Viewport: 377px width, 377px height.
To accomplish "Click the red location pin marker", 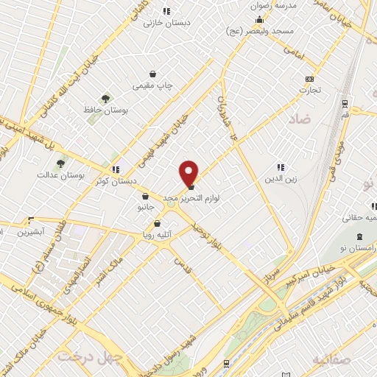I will tap(189, 173).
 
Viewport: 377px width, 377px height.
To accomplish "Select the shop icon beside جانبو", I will tap(145, 197).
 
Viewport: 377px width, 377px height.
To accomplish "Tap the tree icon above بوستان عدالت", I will tap(60, 163).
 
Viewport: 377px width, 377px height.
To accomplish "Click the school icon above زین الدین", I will tap(281, 167).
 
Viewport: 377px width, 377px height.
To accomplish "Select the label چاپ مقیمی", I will tap(152, 86).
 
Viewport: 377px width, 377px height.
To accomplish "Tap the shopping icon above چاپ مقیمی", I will tap(152, 74).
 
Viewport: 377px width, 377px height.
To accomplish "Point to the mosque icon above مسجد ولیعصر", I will tap(259, 20).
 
